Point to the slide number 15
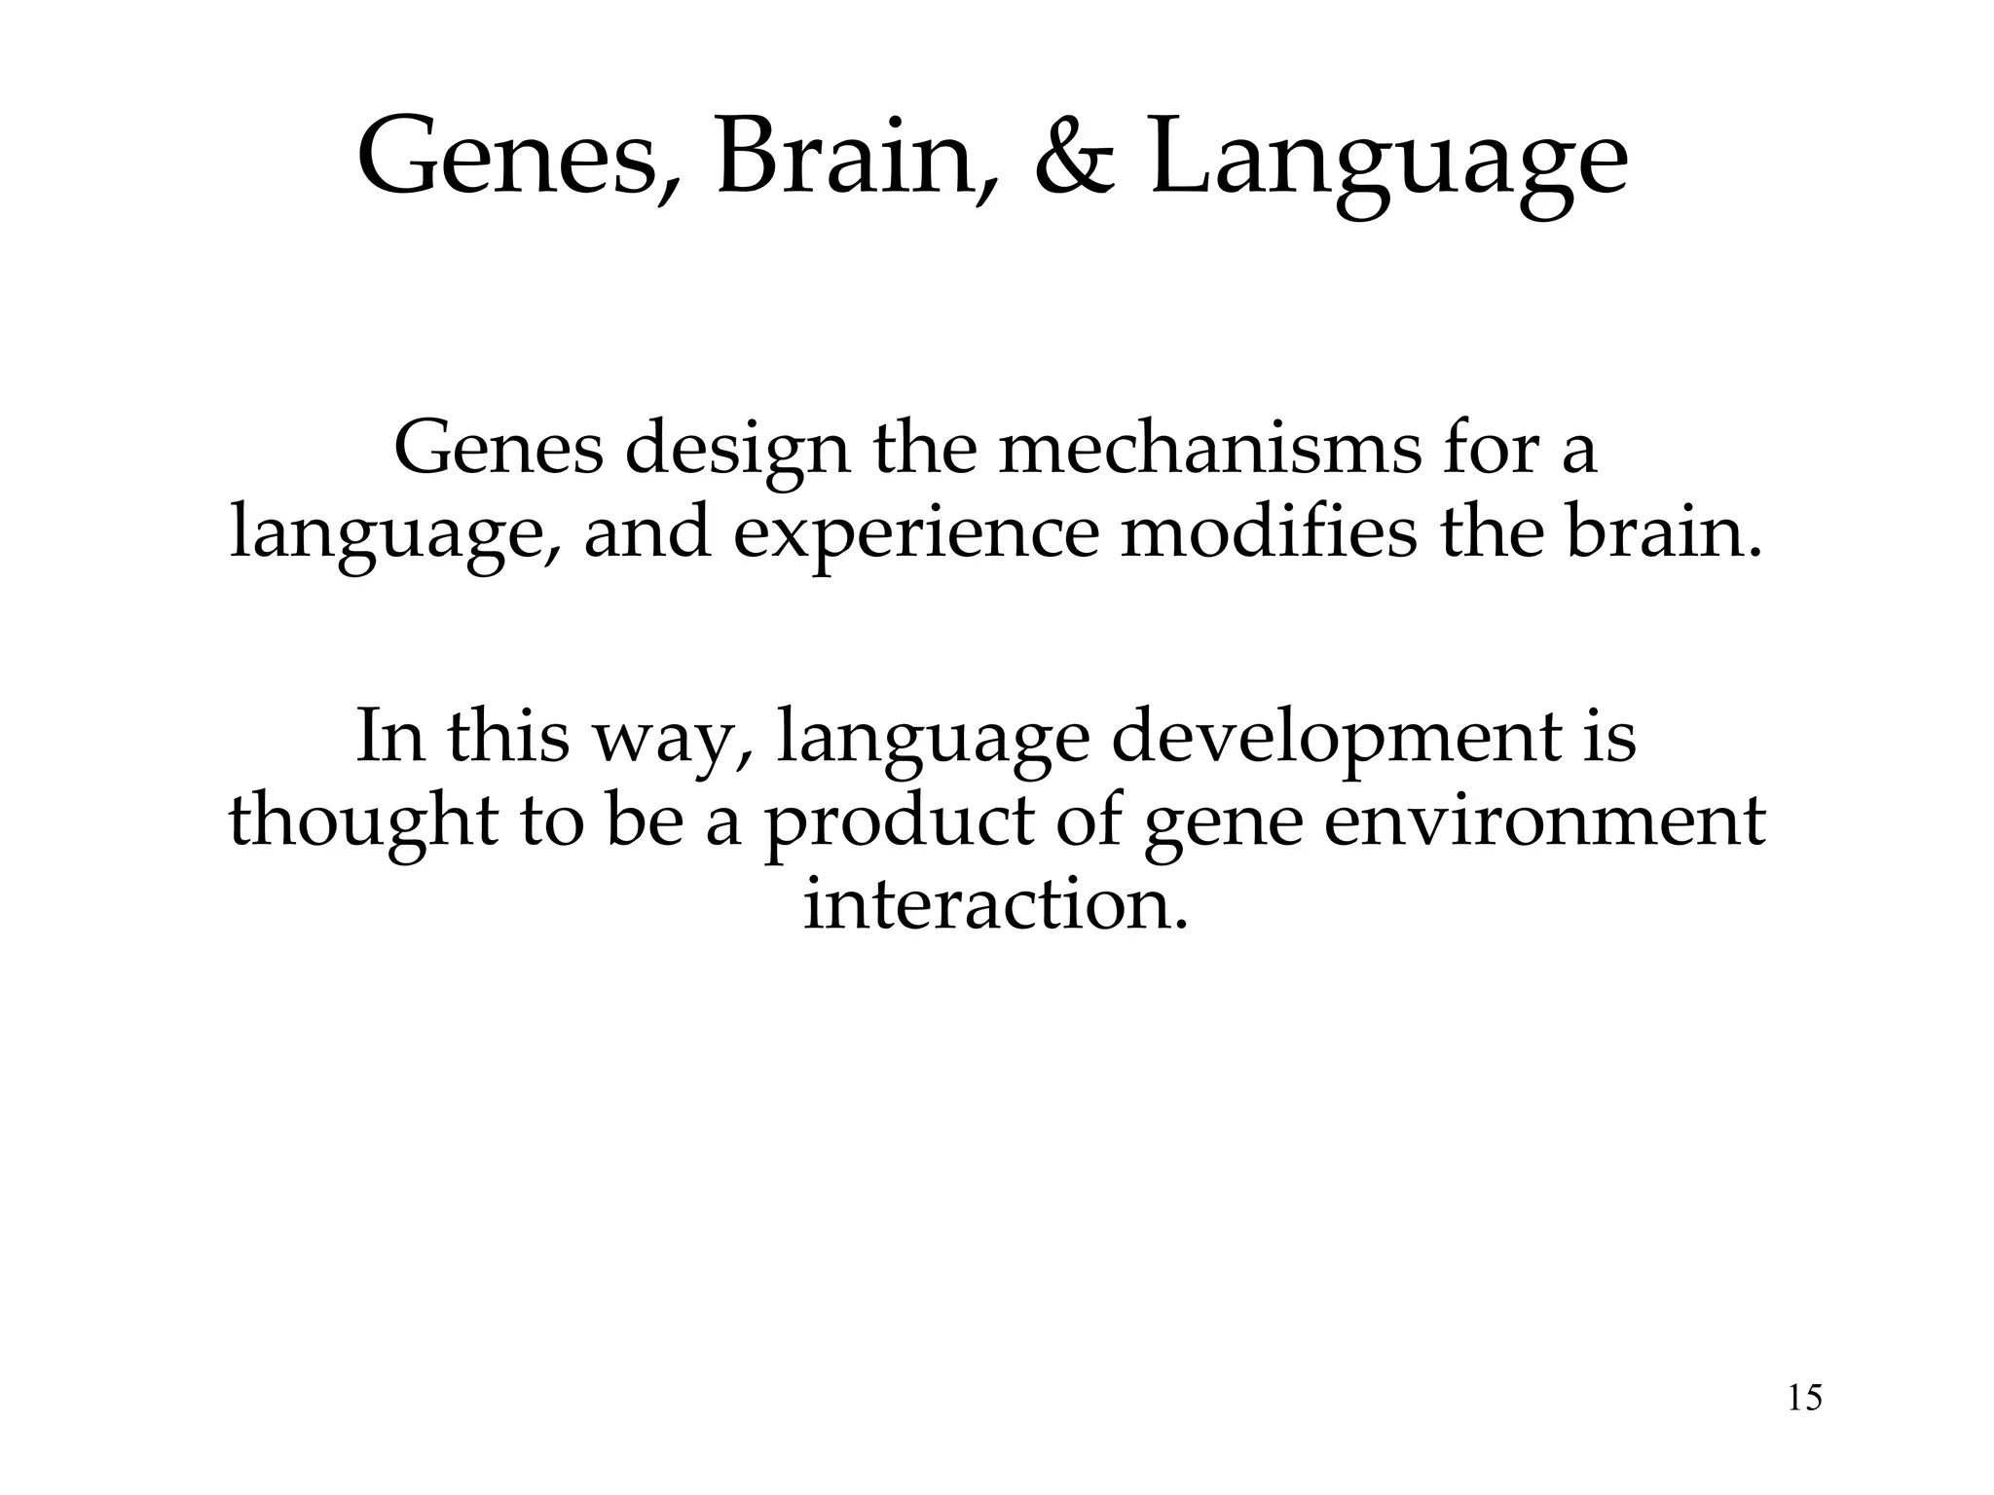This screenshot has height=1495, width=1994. click(x=1805, y=1399)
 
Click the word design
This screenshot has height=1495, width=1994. click(x=737, y=452)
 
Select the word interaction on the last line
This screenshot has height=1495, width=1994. click(x=995, y=905)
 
